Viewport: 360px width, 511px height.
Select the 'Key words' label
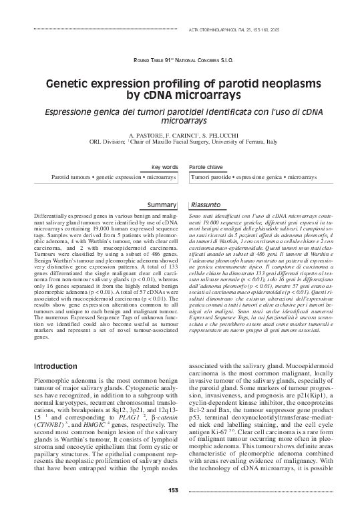(x=165, y=166)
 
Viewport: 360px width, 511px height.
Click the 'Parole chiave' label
(x=206, y=166)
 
